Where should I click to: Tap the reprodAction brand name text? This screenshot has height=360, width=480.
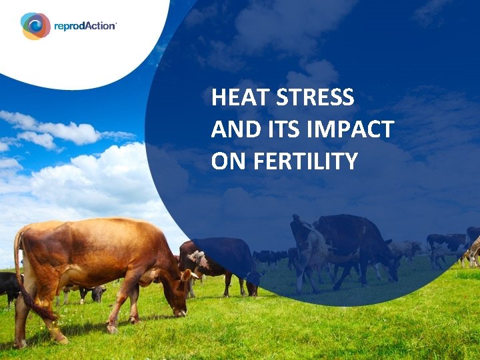pyautogui.click(x=85, y=25)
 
